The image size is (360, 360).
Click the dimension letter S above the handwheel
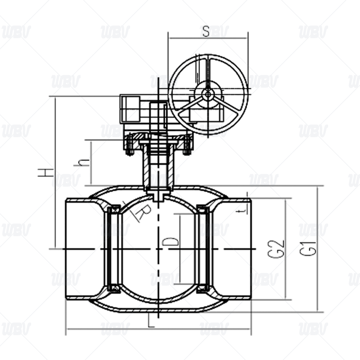(206, 31)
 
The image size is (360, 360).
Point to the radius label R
(140, 212)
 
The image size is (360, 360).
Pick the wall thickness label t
(243, 209)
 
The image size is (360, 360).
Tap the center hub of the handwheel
(207, 94)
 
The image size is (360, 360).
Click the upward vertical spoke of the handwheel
(207, 72)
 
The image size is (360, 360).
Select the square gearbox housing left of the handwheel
(130, 108)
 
